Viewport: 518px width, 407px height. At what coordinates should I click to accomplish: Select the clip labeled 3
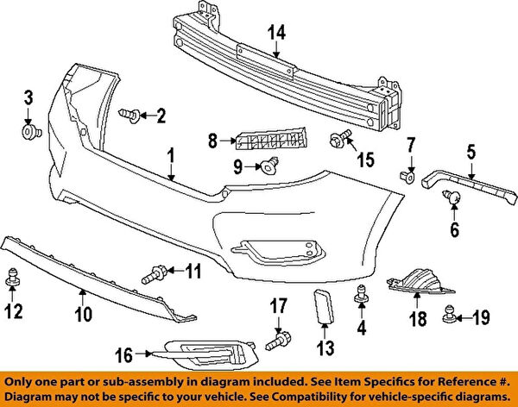click(30, 131)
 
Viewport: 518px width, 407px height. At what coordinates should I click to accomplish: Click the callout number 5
click(471, 153)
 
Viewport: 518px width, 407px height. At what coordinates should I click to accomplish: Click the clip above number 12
click(13, 278)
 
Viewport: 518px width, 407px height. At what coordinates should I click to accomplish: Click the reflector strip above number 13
click(324, 306)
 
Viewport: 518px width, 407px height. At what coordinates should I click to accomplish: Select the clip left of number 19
click(450, 316)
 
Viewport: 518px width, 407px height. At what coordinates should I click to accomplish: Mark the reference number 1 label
click(171, 155)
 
